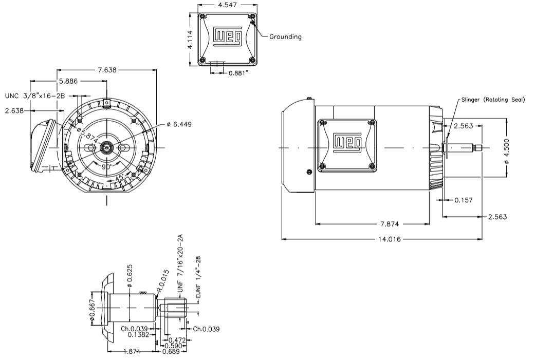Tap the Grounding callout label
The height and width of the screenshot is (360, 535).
tap(285, 37)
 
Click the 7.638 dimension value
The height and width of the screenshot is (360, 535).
tap(107, 70)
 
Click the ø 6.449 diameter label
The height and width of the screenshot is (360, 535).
tap(179, 124)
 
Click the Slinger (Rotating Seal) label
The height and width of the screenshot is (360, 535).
tap(493, 100)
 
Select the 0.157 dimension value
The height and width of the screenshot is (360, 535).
tap(464, 200)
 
